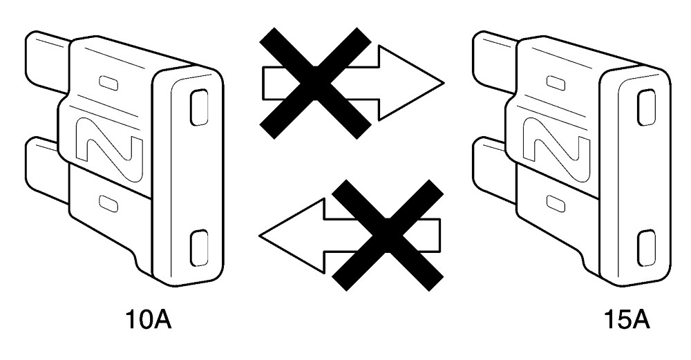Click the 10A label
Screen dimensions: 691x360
[x=149, y=321]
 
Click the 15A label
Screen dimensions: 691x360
[x=627, y=321]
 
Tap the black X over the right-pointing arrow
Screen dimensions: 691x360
[x=315, y=84]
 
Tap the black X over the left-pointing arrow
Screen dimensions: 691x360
[x=388, y=236]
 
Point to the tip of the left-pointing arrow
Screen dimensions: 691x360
[x=260, y=236]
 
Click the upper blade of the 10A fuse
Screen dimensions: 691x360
[x=47, y=61]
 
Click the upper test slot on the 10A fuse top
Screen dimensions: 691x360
[x=199, y=107]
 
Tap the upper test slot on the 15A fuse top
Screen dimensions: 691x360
[x=647, y=107]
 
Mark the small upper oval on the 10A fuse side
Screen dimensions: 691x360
[x=108, y=83]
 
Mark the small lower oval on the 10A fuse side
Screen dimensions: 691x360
[x=108, y=202]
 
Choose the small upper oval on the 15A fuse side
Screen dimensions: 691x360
[x=556, y=83]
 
